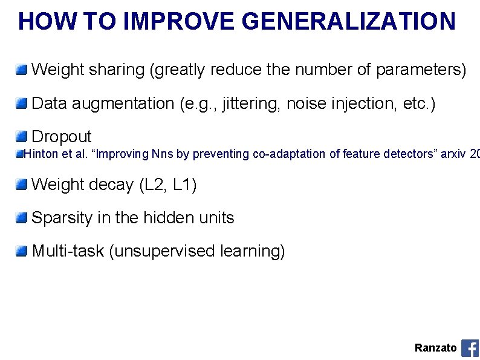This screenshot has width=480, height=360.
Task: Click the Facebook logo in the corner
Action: (x=470, y=348)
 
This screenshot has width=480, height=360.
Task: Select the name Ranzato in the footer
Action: (x=435, y=348)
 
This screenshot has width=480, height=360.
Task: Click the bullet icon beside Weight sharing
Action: (x=22, y=70)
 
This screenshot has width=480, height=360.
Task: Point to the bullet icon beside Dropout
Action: (x=22, y=136)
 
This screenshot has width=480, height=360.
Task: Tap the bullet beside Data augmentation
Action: (x=22, y=103)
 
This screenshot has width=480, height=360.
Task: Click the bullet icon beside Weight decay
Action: (x=22, y=184)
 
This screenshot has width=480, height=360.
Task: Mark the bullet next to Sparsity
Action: (x=22, y=217)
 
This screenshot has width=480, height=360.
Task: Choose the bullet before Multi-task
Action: (x=22, y=250)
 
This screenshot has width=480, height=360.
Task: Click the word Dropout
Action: (x=61, y=137)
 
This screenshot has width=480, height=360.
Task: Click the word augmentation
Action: (x=126, y=104)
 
